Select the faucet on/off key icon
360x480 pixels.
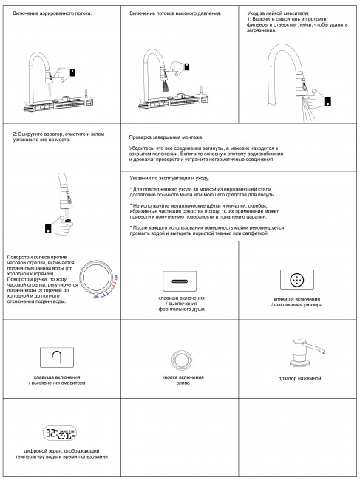[60, 358]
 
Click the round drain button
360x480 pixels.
[179, 360]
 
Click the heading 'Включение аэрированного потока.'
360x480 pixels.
[52, 14]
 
